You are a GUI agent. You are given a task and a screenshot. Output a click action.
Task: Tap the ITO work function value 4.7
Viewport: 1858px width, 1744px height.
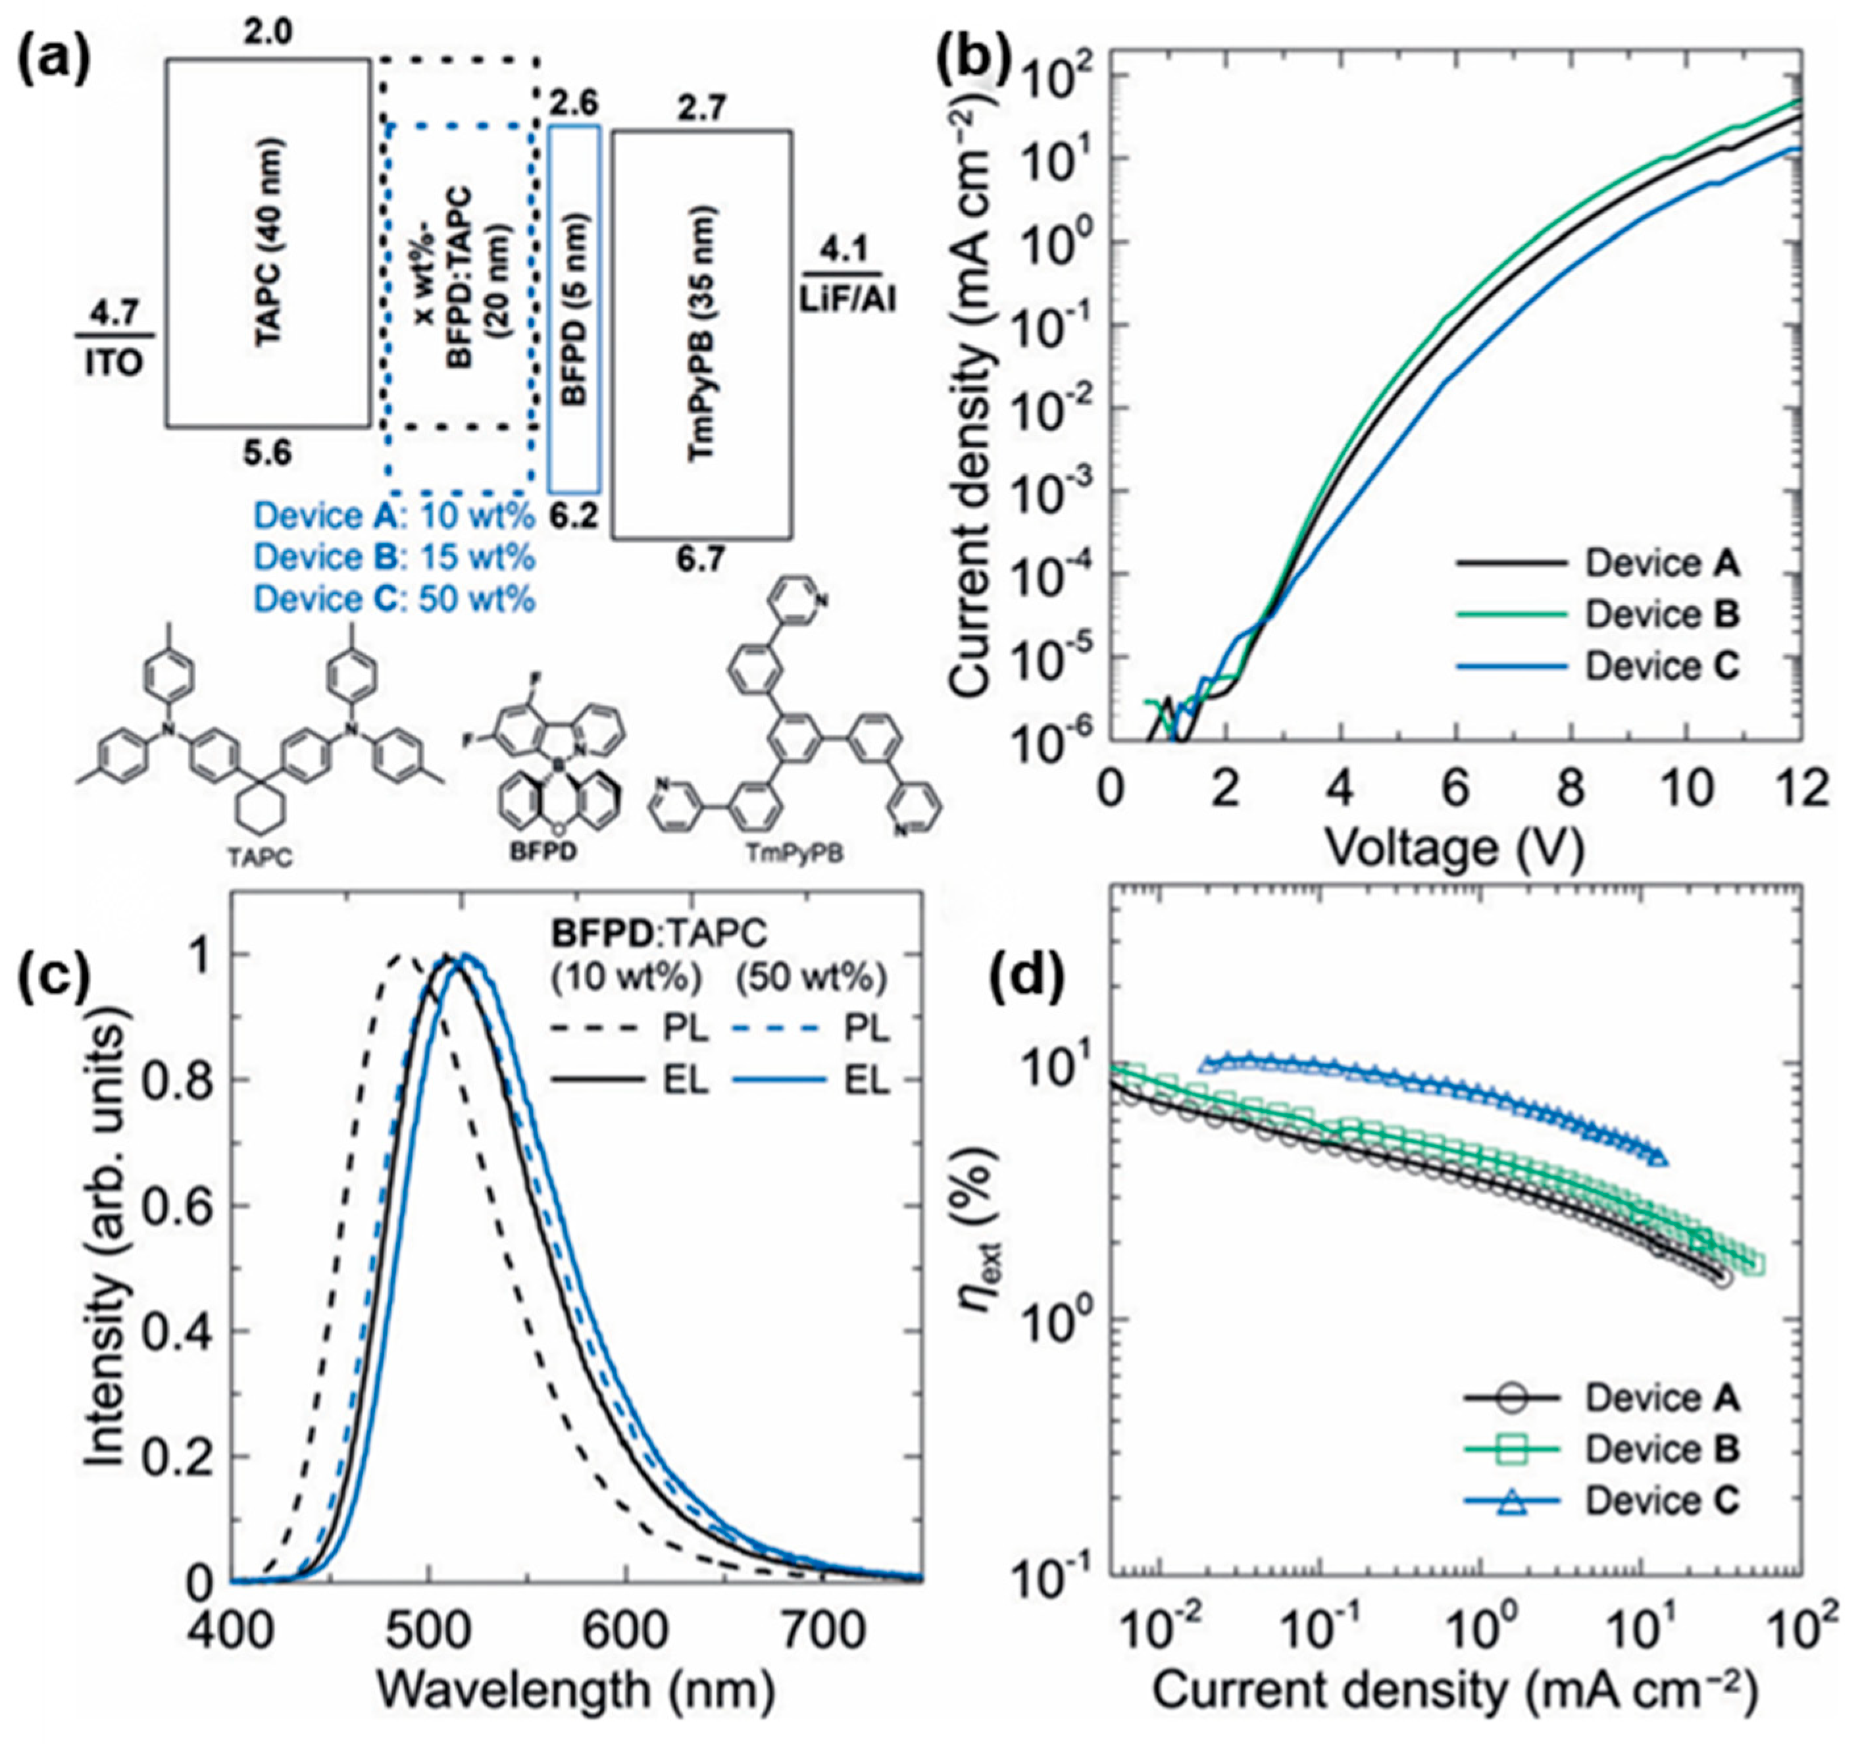(113, 312)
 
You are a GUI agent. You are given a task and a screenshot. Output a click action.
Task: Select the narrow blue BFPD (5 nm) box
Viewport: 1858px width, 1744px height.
(574, 309)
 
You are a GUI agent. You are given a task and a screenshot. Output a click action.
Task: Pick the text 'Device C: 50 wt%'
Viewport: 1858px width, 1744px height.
(394, 598)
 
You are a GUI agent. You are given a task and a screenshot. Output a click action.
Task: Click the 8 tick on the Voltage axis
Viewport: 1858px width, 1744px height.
(1571, 790)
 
